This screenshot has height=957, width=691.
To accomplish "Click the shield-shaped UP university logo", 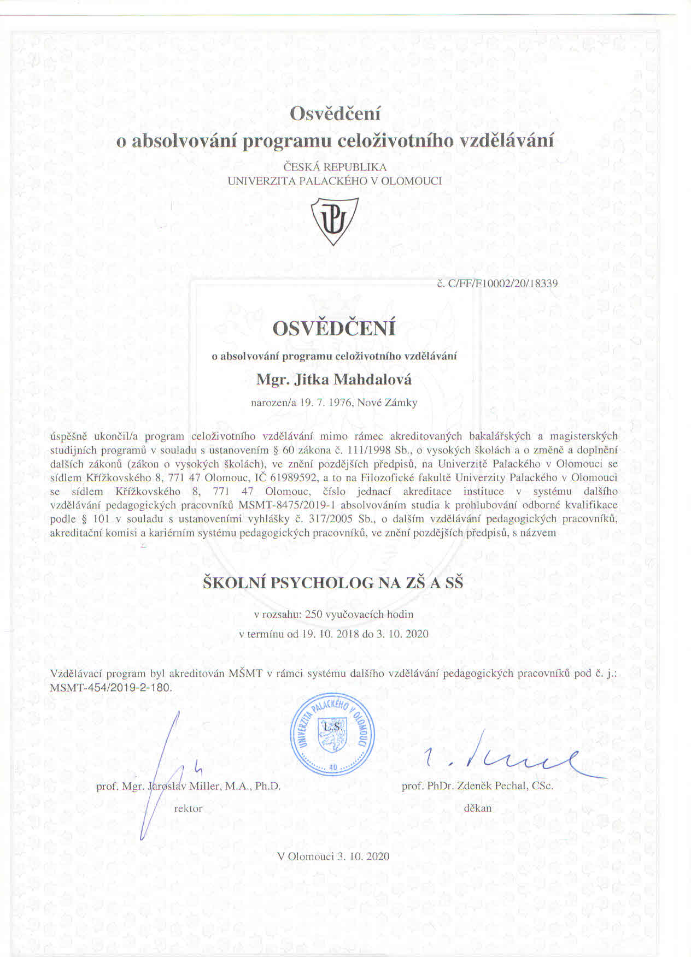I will pos(334,221).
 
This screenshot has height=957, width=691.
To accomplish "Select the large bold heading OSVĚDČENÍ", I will pos(334,329).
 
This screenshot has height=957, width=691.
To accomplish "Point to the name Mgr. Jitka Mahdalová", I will pos(334,379).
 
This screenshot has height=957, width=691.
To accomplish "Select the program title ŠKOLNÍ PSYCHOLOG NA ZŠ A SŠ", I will pos(333,583).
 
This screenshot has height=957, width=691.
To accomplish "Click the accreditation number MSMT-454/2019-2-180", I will pos(111,688).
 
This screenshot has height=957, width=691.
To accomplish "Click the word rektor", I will pos(188,809).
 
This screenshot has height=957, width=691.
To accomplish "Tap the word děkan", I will pos(477,808).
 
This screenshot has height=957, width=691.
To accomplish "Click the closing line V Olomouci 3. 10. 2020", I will pos(333,856).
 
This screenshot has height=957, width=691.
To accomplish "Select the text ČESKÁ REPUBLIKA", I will pos(335,167).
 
